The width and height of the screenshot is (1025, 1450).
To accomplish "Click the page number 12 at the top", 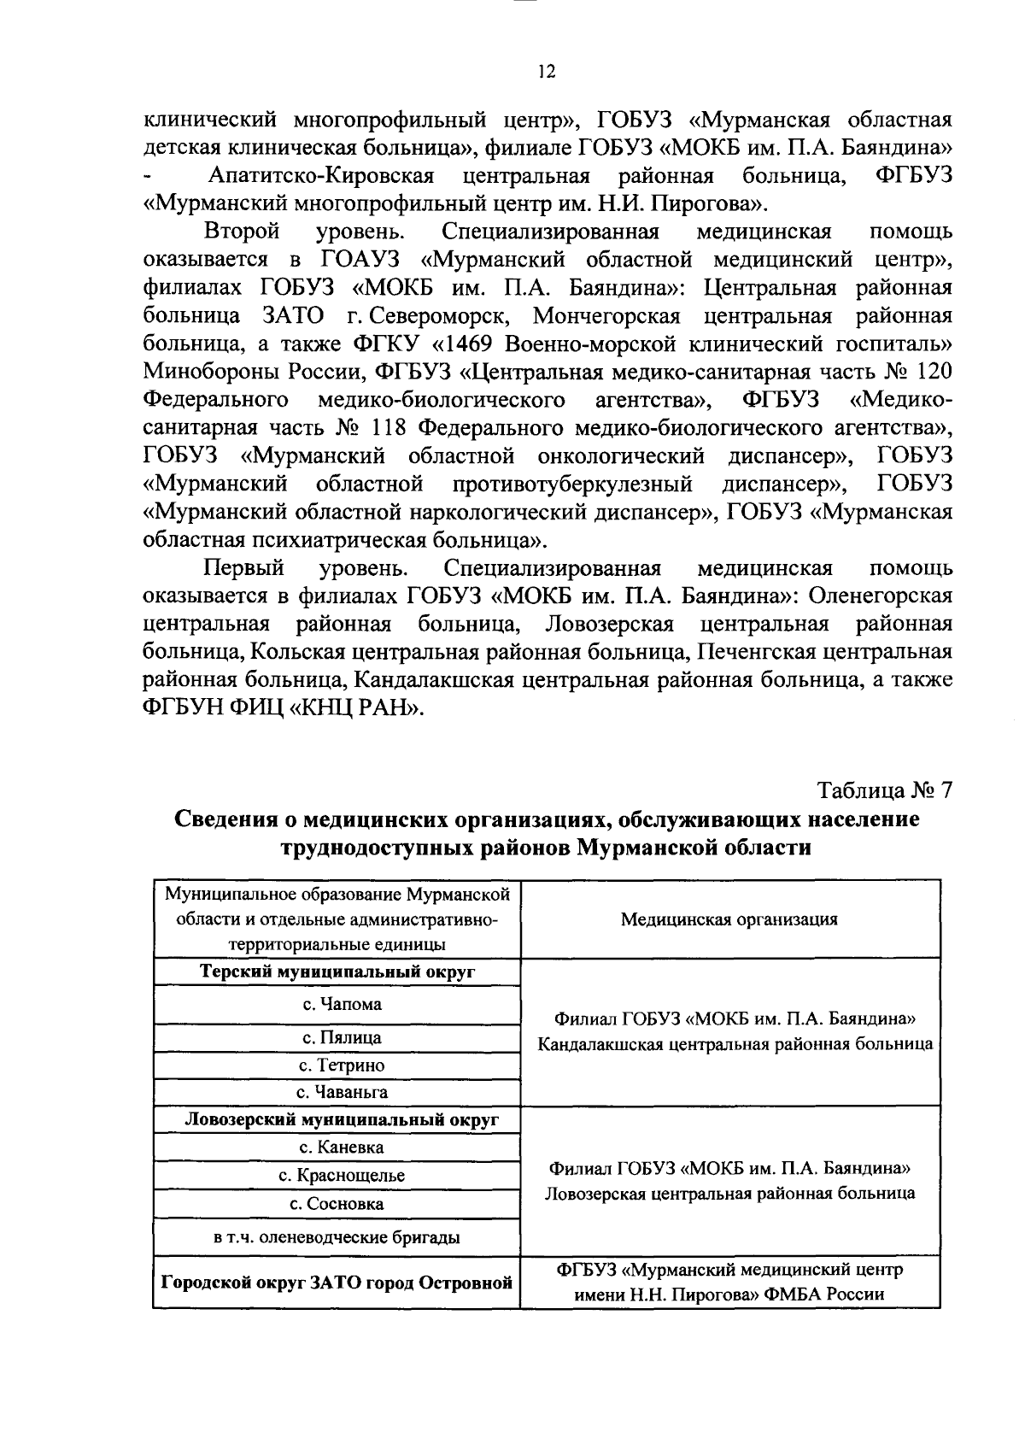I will pyautogui.click(x=547, y=73).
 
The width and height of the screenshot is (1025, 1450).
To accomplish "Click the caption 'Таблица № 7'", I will pyautogui.click(x=884, y=790).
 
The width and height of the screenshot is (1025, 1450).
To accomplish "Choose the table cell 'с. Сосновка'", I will pyautogui.click(x=337, y=1204).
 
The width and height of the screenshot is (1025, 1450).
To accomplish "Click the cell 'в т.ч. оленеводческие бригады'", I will pyautogui.click(x=337, y=1236).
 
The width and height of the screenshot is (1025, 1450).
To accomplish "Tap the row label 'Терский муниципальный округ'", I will pyautogui.click(x=337, y=972).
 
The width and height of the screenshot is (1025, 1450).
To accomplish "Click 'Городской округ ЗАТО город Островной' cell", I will pyautogui.click(x=337, y=1282).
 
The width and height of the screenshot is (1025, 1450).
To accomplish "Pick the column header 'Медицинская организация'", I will pyautogui.click(x=729, y=919).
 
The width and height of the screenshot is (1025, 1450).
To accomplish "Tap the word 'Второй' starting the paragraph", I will pyautogui.click(x=242, y=232).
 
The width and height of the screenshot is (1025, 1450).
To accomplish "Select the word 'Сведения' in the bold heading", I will pyautogui.click(x=224, y=819).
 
